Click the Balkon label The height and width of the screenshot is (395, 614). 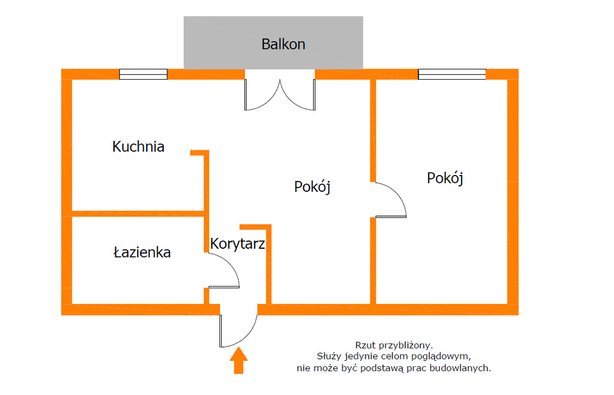(283, 44)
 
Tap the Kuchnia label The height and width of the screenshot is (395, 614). (139, 146)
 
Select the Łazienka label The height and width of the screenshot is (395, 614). (142, 252)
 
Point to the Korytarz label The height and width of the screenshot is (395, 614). (237, 243)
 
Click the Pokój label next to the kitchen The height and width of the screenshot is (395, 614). (312, 186)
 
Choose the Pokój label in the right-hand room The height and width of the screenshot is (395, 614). (445, 178)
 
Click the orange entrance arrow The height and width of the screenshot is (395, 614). (239, 361)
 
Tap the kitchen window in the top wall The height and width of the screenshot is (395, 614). (143, 74)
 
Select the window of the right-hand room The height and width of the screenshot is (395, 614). (452, 74)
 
